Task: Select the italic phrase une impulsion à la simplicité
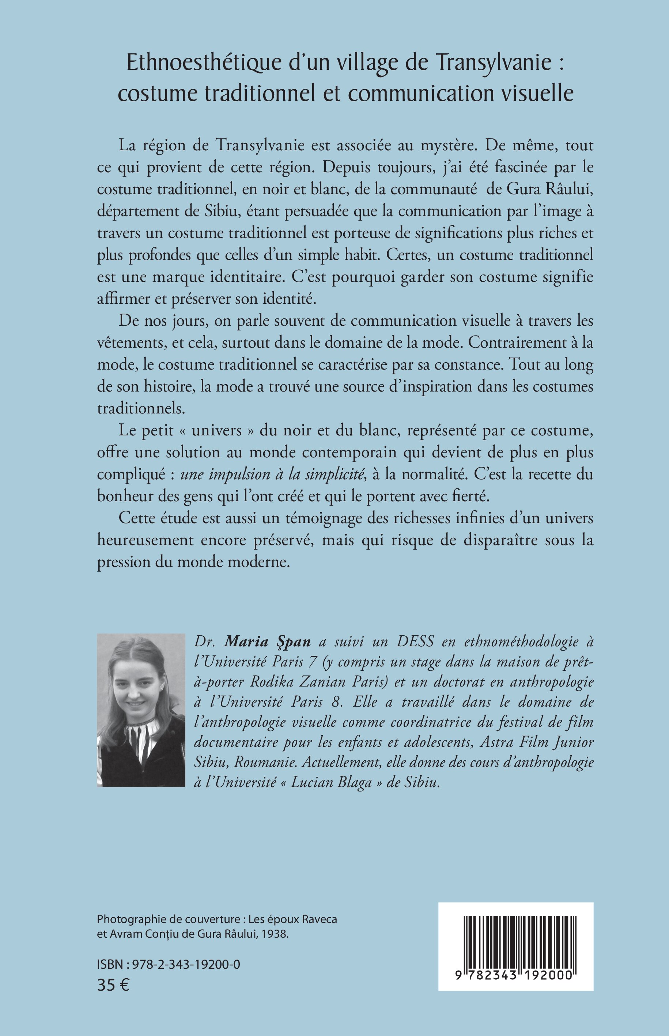coord(272,474)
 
